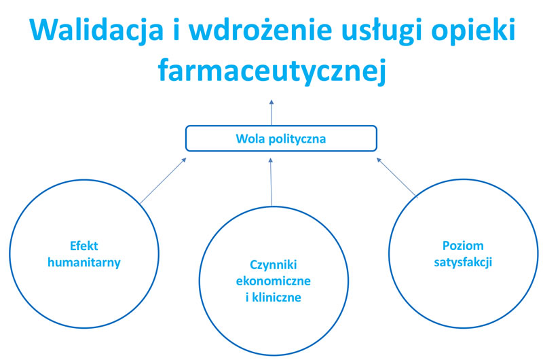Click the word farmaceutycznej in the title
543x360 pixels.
point(271,70)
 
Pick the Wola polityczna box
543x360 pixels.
point(281,139)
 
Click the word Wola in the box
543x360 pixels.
point(248,139)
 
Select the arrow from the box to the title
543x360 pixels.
point(271,113)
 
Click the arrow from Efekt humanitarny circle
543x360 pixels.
point(163,181)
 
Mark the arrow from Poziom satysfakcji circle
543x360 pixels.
point(396,177)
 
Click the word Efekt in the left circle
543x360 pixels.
point(83,246)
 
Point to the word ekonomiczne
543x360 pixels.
point(273,281)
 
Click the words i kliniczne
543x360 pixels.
point(273,297)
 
